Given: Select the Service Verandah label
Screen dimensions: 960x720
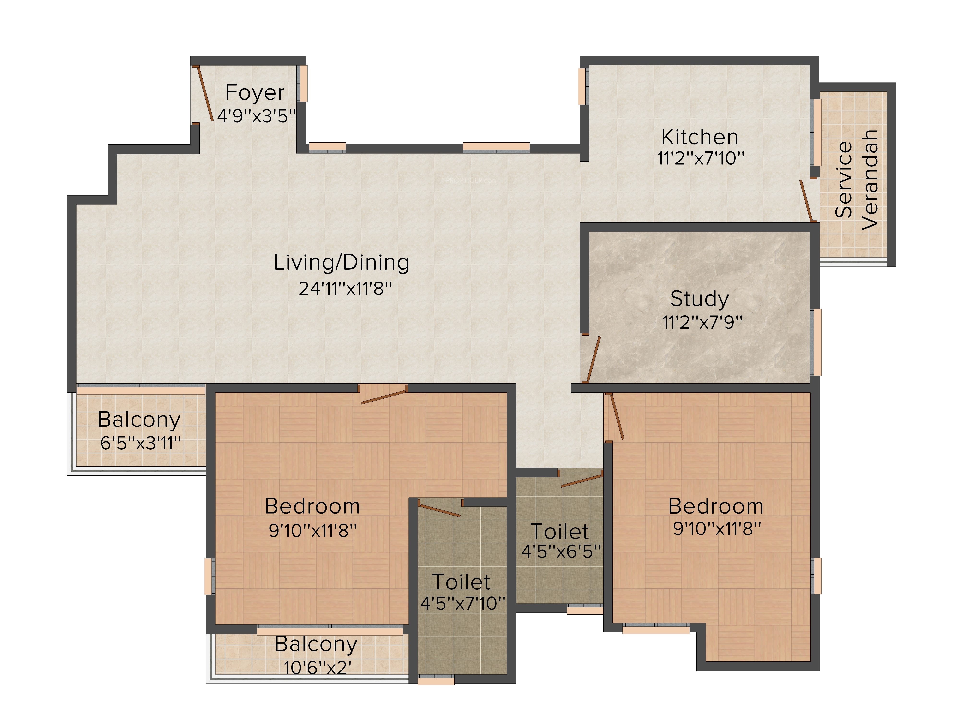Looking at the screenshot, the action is pos(857,179).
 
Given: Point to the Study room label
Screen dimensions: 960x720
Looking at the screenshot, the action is pos(699,299).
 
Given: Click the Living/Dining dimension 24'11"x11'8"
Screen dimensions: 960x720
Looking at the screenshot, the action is pos(345,288).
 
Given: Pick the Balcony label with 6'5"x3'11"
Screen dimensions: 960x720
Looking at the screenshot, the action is pos(139,420).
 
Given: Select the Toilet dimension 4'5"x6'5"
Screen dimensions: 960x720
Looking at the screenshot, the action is pos(561,551).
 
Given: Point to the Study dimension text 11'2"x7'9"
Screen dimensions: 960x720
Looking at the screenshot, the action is pos(702,322).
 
